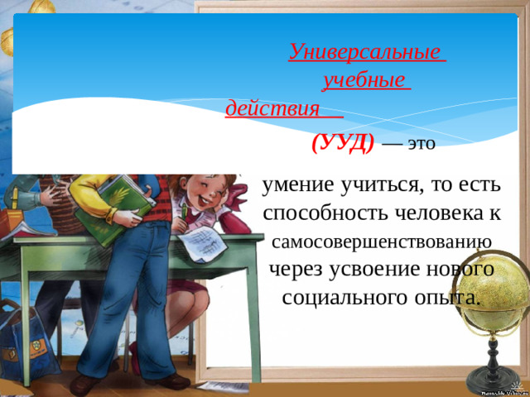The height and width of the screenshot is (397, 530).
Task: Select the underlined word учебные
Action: coord(364,80)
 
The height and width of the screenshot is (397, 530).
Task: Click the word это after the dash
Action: coord(422,143)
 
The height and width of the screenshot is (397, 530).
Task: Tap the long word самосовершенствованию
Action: coord(382,242)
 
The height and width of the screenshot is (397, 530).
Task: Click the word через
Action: coord(296,270)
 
